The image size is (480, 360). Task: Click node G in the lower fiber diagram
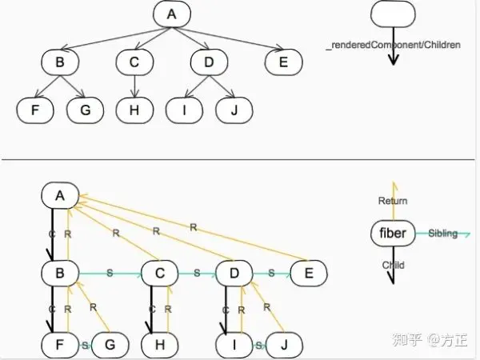[x=111, y=346]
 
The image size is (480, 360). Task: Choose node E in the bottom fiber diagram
[x=307, y=274]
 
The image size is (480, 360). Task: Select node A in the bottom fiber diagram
[x=59, y=195]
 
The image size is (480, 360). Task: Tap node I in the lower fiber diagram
[x=234, y=346]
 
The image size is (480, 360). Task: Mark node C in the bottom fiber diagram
[x=159, y=274]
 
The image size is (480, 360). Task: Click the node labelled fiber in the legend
[x=393, y=234]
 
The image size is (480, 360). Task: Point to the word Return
[x=393, y=201]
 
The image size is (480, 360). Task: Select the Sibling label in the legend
[x=442, y=234]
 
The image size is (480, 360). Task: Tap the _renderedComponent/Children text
[x=394, y=46]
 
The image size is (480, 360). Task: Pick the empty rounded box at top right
[x=392, y=17]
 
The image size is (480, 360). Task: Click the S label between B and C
[x=110, y=274]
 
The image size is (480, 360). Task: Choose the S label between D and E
[x=272, y=274]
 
